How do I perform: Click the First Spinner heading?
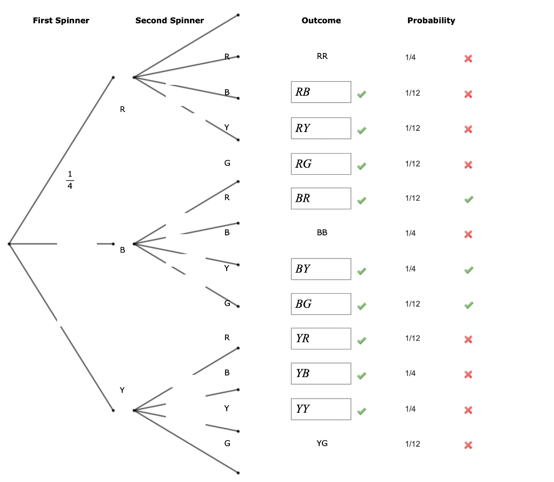[x=61, y=21]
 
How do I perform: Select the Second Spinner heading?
[x=169, y=21]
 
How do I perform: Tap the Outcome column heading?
[x=321, y=21]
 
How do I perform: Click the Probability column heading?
[x=431, y=21]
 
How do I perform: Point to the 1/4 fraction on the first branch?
[x=70, y=180]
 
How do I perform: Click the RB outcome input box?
[x=321, y=92]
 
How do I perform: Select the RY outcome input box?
[x=321, y=128]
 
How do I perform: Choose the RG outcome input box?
[x=321, y=164]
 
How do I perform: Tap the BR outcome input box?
[x=321, y=199]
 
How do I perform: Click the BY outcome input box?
[x=321, y=269]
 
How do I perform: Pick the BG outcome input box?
[x=321, y=304]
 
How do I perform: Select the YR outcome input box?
[x=321, y=339]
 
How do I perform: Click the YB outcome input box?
[x=321, y=373]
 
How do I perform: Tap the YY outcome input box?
[x=321, y=409]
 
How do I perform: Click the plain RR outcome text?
[x=322, y=56]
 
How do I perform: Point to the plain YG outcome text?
[x=322, y=444]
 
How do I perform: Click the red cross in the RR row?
[x=469, y=58]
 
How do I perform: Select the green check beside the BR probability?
[x=469, y=200]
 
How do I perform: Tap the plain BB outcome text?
[x=322, y=233]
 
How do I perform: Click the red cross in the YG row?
[x=469, y=445]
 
